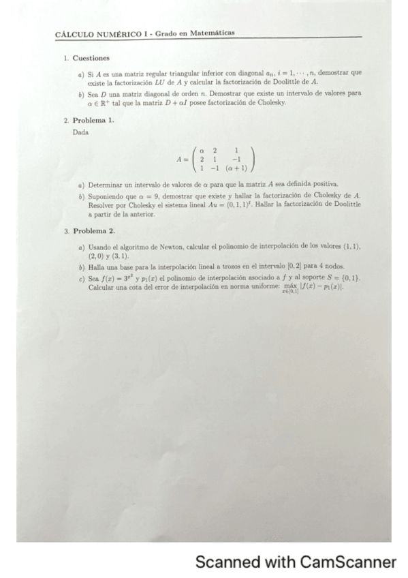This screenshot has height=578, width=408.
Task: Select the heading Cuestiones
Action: [91, 59]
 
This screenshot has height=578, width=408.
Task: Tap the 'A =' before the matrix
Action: [183, 158]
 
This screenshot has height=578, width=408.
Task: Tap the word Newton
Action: [162, 244]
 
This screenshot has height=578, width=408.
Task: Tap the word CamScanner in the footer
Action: [346, 562]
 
